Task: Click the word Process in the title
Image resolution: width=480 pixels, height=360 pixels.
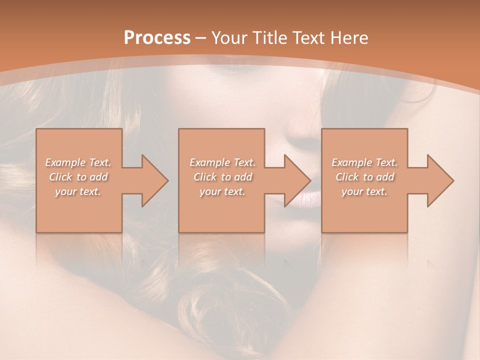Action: [157, 38]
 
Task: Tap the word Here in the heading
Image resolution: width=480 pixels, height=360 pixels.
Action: [348, 38]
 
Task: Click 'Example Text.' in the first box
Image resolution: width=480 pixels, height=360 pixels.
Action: [78, 162]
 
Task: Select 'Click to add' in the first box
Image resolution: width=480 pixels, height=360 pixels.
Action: [78, 177]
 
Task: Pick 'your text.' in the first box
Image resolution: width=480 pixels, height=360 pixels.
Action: [78, 191]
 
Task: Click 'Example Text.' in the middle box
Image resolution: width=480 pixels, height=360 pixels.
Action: [222, 162]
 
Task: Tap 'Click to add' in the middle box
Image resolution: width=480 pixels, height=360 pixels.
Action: [222, 177]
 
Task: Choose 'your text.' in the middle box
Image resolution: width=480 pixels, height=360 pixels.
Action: [222, 191]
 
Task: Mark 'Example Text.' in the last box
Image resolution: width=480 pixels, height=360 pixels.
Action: [364, 162]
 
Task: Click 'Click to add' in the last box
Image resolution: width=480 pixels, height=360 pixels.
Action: [364, 177]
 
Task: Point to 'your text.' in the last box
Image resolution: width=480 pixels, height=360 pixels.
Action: [364, 191]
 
